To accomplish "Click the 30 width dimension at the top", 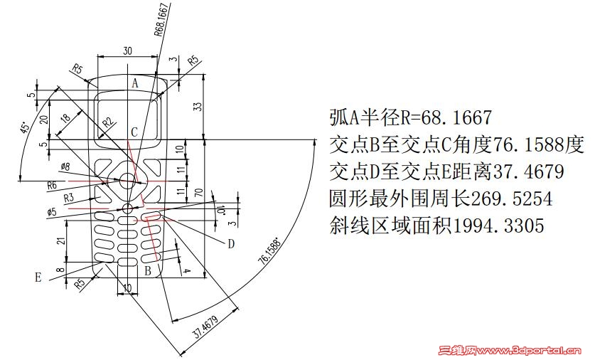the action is pos(127,51).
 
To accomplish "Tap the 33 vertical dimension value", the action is pos(198,107).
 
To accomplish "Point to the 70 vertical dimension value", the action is pos(198,193).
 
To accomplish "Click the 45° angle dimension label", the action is pos(25,127).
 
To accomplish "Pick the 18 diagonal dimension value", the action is pos(65,118).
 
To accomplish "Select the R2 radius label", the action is pos(108,122).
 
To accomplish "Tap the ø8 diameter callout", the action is pos(65,166).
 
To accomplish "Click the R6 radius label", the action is pos(52,185).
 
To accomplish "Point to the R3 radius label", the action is pos(69,198).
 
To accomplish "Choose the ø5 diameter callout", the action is pos(52,211).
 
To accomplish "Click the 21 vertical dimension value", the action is pos(60,240).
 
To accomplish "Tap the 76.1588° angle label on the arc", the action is pos(270,251).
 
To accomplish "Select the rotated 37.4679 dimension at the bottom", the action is pos(205,326).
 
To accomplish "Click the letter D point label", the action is pos(231,244).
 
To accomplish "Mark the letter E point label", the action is pos(38,277).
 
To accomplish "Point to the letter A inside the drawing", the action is pos(135,83).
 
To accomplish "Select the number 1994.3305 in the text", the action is pos(498,226).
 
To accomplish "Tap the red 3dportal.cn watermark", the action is pos(510,350).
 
